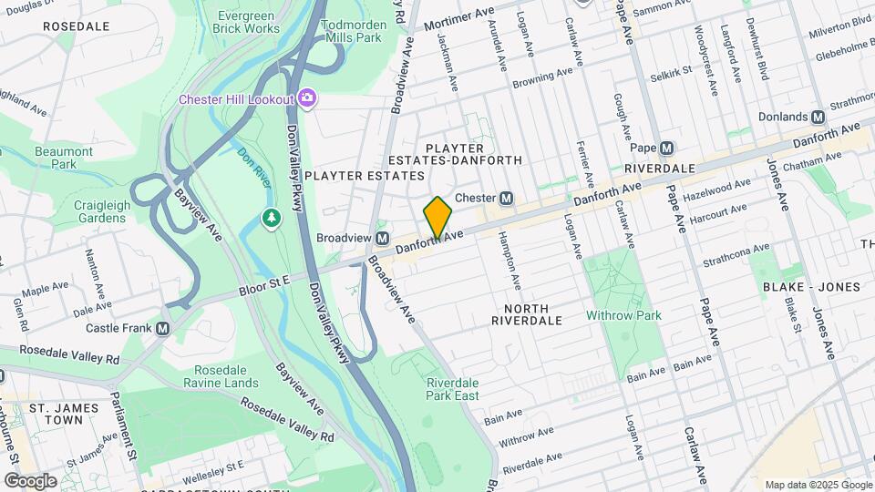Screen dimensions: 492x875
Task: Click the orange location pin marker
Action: click(437, 219)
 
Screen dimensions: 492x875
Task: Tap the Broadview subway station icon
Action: click(384, 238)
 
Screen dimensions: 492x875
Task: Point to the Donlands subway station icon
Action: click(818, 117)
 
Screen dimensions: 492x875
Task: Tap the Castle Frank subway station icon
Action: click(163, 328)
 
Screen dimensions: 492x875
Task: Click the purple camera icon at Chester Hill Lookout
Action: click(307, 97)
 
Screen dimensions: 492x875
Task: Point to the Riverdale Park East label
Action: click(452, 389)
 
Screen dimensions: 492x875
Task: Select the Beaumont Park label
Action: click(64, 158)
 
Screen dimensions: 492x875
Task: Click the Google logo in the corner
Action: click(30, 480)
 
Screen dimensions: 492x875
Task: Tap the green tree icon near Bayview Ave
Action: click(271, 218)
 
